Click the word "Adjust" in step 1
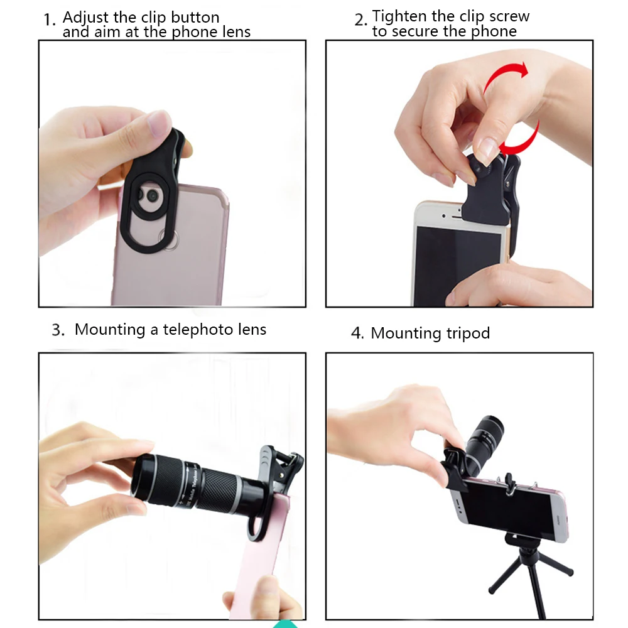click(85, 18)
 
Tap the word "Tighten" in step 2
click(399, 16)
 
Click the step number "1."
click(50, 19)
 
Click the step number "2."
click(360, 19)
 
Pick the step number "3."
click(58, 330)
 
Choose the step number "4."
click(357, 333)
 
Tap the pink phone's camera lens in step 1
click(152, 196)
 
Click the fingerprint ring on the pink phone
click(169, 239)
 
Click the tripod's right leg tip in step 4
click(570, 573)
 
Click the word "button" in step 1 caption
click(195, 18)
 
